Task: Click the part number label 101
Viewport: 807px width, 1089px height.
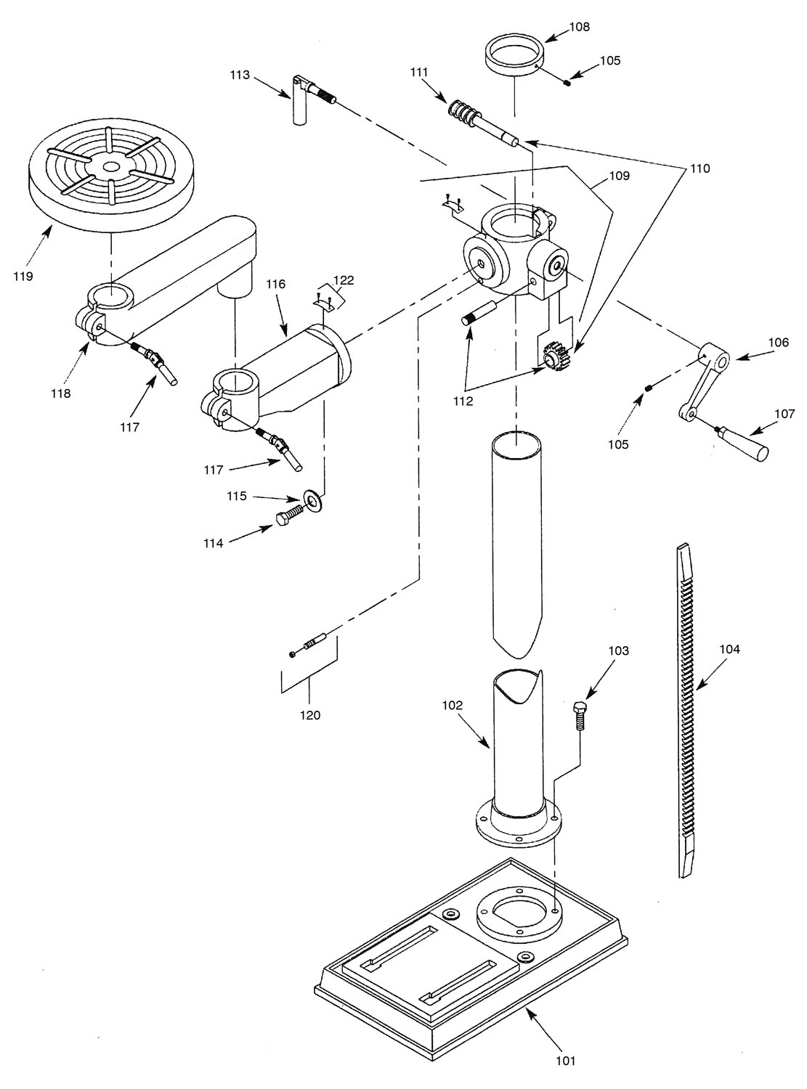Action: click(x=565, y=1061)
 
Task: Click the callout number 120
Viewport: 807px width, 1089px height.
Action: click(x=309, y=715)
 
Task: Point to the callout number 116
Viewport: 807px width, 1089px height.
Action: click(x=276, y=285)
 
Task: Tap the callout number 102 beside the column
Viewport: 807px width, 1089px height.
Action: click(x=455, y=705)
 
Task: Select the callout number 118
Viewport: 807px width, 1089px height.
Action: click(x=61, y=393)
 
